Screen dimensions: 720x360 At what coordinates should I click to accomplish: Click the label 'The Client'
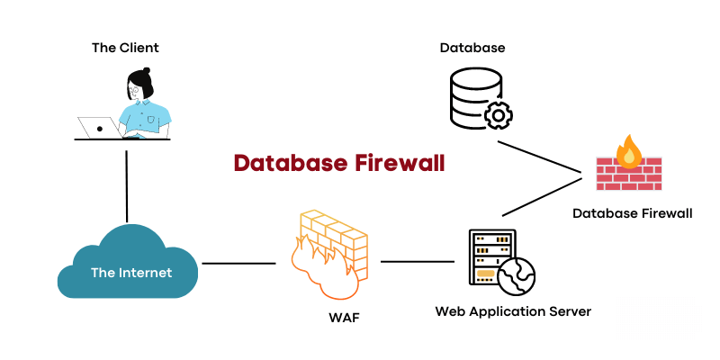pos(125,48)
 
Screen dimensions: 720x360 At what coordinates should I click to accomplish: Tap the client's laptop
pos(99,127)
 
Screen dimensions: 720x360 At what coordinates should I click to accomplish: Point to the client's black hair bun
pos(146,72)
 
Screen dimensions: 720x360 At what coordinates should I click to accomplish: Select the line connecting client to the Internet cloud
pos(126,186)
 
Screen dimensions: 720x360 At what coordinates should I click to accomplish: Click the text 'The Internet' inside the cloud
pos(131,273)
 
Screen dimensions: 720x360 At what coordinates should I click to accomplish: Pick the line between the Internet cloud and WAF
pos(238,264)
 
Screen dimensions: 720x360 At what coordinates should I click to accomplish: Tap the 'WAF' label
pos(345,319)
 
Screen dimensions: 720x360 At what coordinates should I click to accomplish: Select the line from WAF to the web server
pos(418,262)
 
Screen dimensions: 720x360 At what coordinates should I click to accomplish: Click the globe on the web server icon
pos(517,277)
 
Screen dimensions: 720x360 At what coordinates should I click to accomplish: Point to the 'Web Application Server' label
pos(513,311)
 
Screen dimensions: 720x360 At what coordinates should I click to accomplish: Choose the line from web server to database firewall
pos(542,196)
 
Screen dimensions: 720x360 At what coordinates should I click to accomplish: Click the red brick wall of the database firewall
pos(628,174)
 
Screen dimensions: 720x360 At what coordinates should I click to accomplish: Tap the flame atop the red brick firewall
pos(629,152)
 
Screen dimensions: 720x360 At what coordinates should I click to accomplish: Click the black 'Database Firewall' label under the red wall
pos(633,213)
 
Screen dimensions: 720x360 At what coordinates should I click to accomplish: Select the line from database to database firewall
pos(539,157)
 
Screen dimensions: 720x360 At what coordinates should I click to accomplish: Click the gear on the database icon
pos(498,114)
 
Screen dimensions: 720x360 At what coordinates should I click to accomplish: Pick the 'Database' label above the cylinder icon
pos(472,48)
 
